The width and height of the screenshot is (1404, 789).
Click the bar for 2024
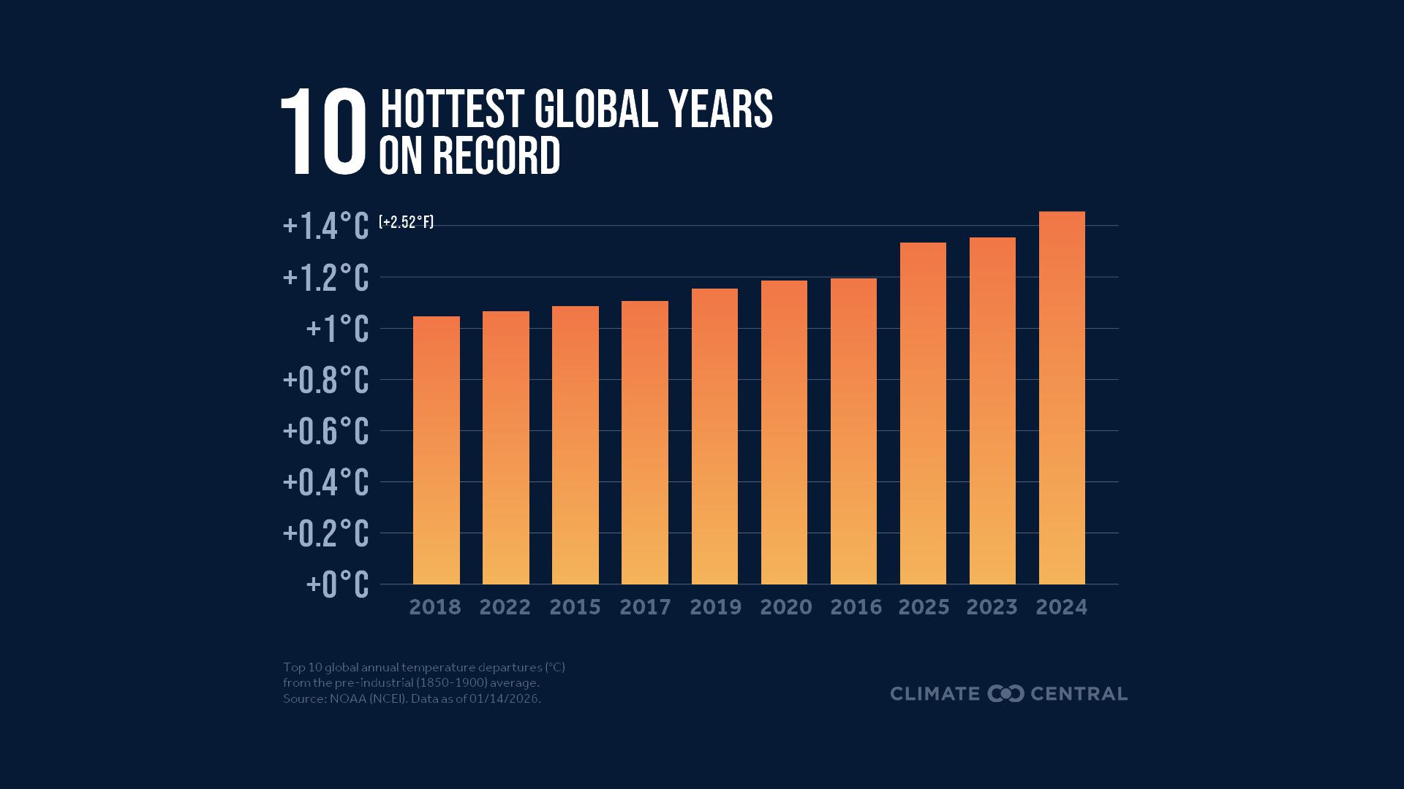point(1062,398)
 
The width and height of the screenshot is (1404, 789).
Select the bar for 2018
point(436,450)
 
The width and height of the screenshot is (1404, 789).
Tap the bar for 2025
point(923,413)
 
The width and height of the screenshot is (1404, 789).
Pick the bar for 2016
point(853,431)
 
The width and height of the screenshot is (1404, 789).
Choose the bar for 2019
point(714,436)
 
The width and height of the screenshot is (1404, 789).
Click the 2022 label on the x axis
point(505,607)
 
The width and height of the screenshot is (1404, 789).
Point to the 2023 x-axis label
point(992,607)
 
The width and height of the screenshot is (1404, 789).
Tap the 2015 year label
point(575,607)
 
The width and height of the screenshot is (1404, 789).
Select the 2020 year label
point(785,607)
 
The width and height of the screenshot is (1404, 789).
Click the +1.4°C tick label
point(326,226)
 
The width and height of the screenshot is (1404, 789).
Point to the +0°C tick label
point(337,584)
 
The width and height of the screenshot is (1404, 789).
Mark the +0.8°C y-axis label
point(326,381)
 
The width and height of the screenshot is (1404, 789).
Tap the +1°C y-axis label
point(337,329)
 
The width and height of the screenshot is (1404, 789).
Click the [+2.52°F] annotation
point(407,222)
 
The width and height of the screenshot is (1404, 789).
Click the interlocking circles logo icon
point(1005,693)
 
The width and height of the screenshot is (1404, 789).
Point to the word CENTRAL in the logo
point(1079,693)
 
